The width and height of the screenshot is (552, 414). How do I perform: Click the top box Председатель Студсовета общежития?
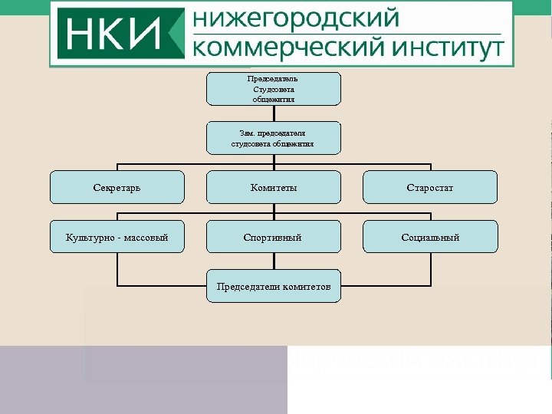click(x=274, y=89)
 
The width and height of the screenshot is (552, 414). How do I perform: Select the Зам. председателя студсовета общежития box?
click(x=274, y=138)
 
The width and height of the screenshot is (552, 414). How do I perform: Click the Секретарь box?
click(x=117, y=187)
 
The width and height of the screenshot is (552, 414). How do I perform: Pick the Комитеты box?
click(x=274, y=187)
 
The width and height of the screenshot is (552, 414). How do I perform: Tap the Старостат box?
click(x=430, y=187)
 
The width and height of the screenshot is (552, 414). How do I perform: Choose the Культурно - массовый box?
click(x=117, y=237)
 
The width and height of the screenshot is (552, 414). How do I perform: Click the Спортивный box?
click(x=274, y=237)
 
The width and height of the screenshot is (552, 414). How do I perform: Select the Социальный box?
click(x=430, y=237)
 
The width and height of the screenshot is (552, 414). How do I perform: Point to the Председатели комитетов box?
click(x=274, y=287)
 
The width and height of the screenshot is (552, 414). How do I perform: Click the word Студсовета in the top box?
click(x=274, y=89)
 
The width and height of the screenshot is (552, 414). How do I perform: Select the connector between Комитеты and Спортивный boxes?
click(x=274, y=212)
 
